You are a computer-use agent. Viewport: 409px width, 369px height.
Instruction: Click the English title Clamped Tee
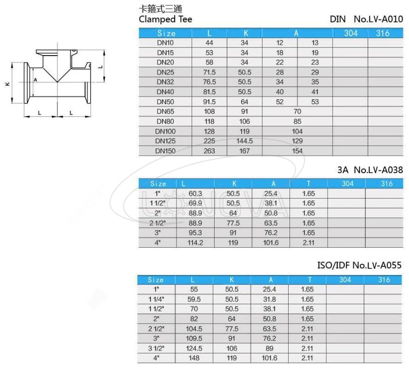tap(165, 19)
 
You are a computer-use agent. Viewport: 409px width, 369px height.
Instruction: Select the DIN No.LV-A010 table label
tap(366, 19)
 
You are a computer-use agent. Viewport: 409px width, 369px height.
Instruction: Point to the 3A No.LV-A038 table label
tap(370, 170)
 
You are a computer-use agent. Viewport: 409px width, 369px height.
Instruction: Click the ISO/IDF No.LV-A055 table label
tap(360, 265)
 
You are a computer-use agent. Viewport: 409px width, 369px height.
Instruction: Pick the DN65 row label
tap(165, 111)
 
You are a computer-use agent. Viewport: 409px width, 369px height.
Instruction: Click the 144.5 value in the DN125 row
tap(244, 141)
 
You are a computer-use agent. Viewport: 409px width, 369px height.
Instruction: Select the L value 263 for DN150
tap(209, 151)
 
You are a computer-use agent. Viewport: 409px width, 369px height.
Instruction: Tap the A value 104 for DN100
tap(297, 131)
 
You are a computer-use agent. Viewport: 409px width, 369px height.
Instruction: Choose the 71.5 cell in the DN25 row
tap(209, 72)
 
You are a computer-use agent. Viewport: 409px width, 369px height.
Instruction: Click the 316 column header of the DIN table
tap(382, 33)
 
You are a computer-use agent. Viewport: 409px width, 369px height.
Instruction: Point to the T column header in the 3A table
tap(309, 183)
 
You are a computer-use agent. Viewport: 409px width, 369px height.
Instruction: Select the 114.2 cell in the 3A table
tap(195, 243)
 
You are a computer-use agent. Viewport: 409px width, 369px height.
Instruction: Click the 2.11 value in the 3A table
tap(309, 243)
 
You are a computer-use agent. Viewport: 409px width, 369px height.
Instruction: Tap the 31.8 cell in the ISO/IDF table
tap(271, 299)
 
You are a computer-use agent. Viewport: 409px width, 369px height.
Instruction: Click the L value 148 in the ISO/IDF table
tap(194, 358)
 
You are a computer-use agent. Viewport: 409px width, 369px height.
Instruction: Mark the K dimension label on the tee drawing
tap(7, 84)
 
